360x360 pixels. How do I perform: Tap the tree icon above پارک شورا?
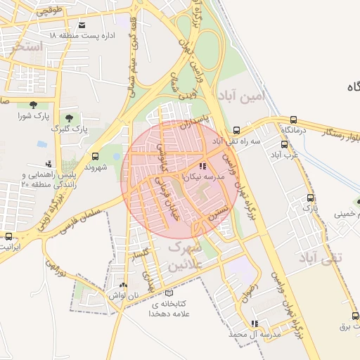(x=34, y=104)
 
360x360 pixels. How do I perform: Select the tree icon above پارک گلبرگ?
(x=68, y=117)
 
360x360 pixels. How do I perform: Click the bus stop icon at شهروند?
(x=95, y=156)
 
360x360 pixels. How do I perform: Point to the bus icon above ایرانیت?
(x=8, y=236)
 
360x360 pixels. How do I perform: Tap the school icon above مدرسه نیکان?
(x=203, y=167)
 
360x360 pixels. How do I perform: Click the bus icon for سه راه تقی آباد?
(x=236, y=130)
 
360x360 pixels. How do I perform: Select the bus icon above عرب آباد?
(x=286, y=142)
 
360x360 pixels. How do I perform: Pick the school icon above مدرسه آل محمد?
(x=255, y=323)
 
